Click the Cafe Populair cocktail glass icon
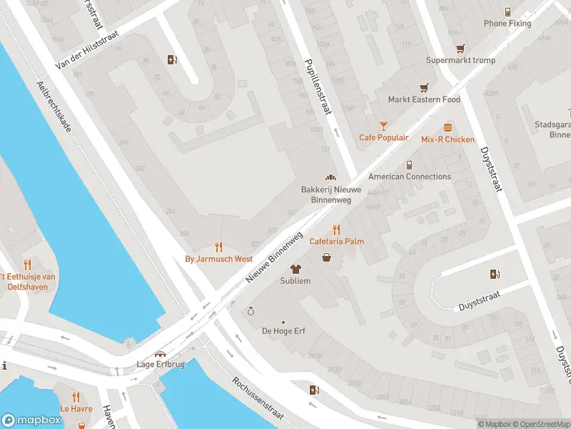click(x=383, y=125)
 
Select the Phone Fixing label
click(x=507, y=24)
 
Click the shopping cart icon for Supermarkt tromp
click(x=460, y=48)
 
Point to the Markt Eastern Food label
click(x=424, y=100)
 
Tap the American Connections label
click(x=409, y=177)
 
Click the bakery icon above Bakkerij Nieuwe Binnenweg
click(x=330, y=177)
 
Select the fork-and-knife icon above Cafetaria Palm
click(x=336, y=229)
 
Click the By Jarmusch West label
click(x=218, y=259)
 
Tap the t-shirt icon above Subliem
click(x=295, y=269)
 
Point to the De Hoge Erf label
click(x=283, y=331)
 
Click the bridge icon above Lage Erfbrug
click(x=161, y=353)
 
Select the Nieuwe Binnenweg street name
click(x=275, y=255)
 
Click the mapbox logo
click(x=31, y=420)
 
